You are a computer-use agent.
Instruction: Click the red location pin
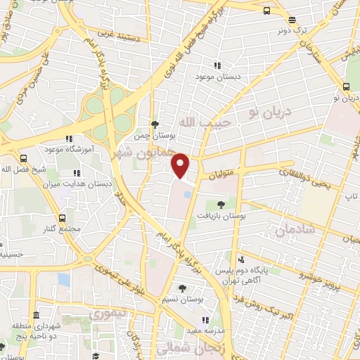coord(181,165)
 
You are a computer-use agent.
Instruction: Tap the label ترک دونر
coord(292,30)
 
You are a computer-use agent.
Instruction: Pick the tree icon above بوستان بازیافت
coord(221,204)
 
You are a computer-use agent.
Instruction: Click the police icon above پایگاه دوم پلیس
coord(243,259)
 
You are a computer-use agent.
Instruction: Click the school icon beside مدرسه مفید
coord(205,321)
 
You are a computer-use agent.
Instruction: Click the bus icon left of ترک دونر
coord(266,11)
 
